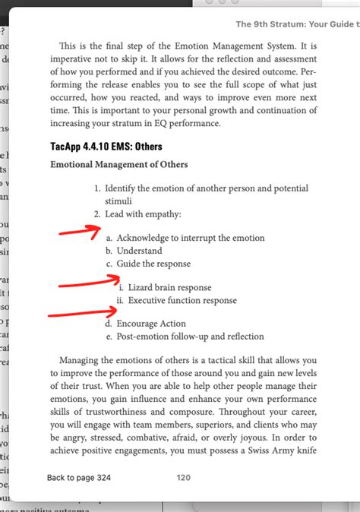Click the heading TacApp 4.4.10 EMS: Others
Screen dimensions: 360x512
click(x=106, y=146)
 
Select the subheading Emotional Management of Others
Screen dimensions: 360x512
click(x=118, y=164)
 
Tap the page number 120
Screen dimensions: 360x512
click(x=183, y=478)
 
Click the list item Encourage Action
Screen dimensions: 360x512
click(x=150, y=324)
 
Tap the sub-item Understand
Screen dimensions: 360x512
click(x=139, y=251)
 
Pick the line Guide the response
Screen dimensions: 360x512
click(x=153, y=264)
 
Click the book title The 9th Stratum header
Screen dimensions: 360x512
click(x=297, y=25)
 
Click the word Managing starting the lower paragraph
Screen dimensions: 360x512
click(x=85, y=359)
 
